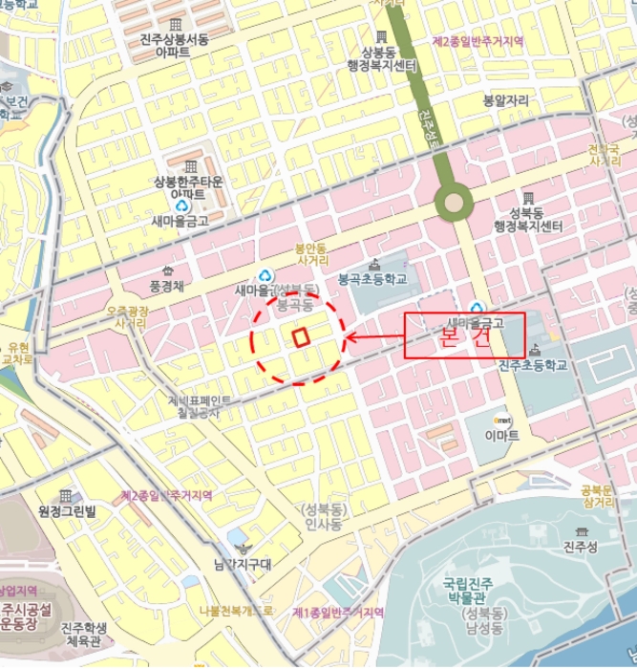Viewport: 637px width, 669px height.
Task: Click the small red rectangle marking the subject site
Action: click(x=301, y=336)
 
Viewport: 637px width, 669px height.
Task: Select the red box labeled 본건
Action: click(x=464, y=335)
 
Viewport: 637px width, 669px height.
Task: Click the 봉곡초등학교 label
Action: click(x=372, y=279)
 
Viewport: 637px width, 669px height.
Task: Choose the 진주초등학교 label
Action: click(x=532, y=365)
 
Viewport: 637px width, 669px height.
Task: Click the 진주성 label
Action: click(x=580, y=547)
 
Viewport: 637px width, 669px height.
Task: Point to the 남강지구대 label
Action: click(x=244, y=564)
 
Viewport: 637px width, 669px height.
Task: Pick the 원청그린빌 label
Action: click(x=67, y=512)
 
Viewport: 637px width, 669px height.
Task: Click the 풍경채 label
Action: click(x=166, y=285)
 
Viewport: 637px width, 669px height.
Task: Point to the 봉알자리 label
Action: click(x=504, y=99)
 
